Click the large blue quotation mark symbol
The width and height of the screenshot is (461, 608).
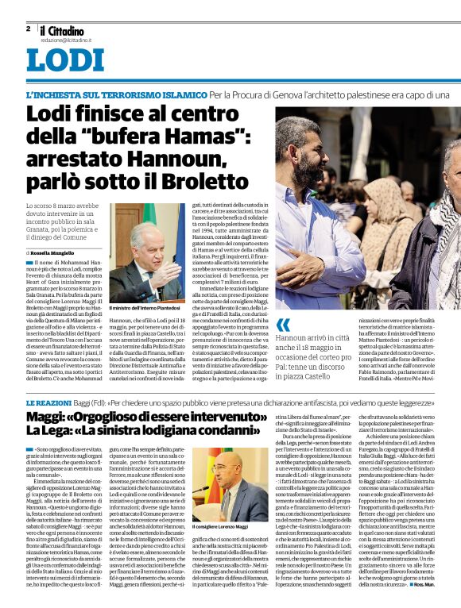283,325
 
